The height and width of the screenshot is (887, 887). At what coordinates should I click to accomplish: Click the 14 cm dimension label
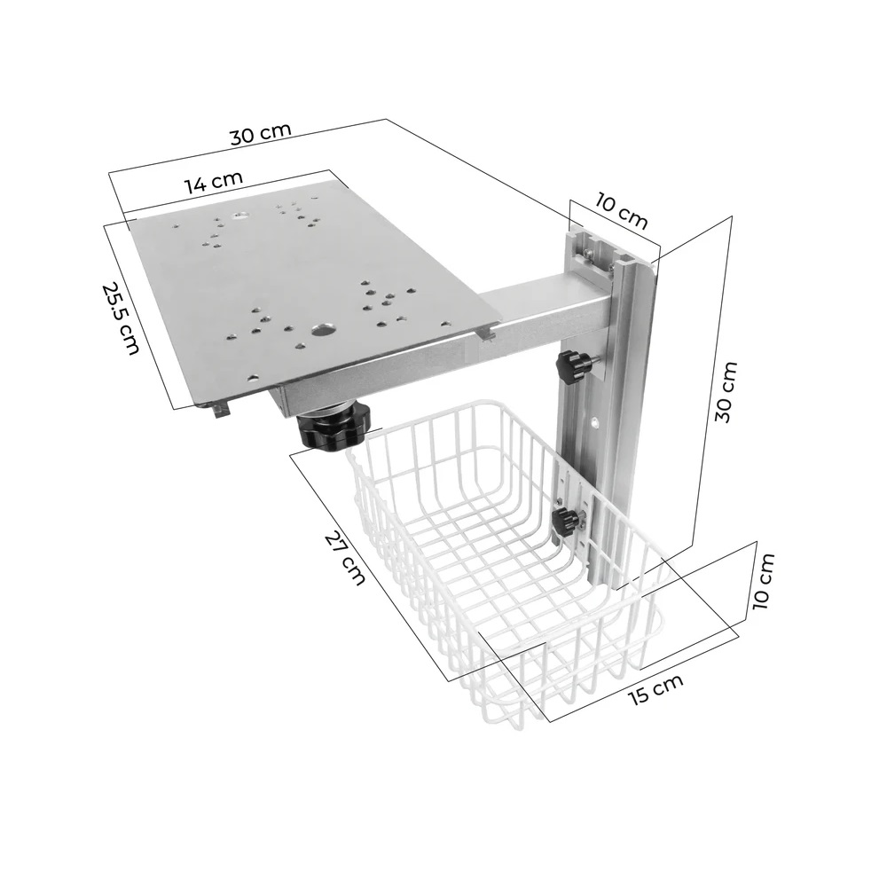coord(214,183)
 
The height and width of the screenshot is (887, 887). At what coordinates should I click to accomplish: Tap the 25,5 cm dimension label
coord(121,318)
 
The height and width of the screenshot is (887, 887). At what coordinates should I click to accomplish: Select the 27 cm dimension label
coord(345,557)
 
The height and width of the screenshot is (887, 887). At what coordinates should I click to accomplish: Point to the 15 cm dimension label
coord(656,690)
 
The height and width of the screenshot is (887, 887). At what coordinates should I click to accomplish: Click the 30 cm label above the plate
coord(260,133)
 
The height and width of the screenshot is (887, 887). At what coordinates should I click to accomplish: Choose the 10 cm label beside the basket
coord(762,581)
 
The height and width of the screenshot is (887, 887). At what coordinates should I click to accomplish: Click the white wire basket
coord(506,568)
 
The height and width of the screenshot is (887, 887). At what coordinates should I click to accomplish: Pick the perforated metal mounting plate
coord(302,284)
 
